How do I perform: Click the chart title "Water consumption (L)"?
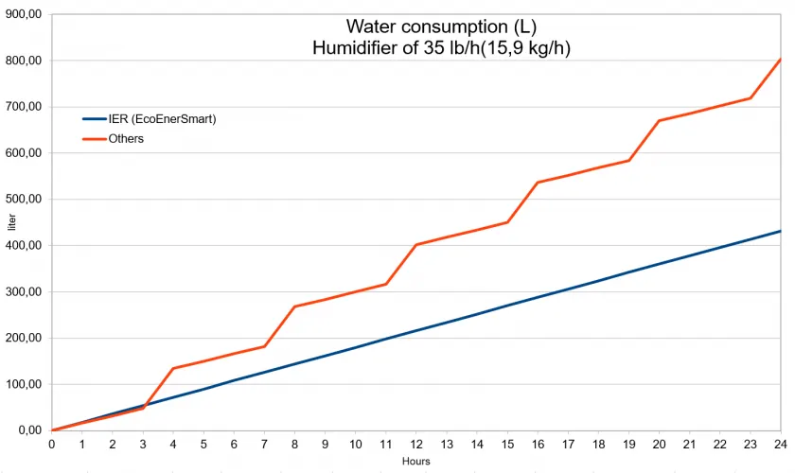point(441,26)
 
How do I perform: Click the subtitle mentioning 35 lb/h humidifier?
point(441,47)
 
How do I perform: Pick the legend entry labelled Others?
point(126,139)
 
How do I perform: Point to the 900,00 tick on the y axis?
point(22,14)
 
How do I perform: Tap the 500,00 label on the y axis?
point(22,200)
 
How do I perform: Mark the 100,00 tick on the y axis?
point(22,384)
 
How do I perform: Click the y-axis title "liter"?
point(11,223)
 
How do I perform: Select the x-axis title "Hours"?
point(415,461)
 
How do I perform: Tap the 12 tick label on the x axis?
point(416,445)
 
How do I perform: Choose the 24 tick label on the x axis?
point(781,445)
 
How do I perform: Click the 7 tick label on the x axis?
point(264,445)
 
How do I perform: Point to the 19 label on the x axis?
point(628,445)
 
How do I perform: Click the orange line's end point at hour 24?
point(781,59)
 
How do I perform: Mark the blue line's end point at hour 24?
point(781,231)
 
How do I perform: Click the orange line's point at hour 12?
point(416,245)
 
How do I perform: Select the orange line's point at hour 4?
point(173,368)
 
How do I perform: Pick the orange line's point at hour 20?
point(659,121)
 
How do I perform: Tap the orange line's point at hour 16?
point(538,183)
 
